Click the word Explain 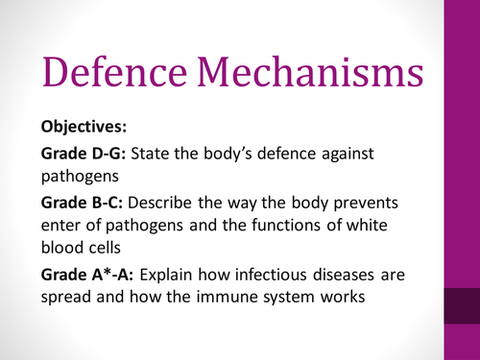[x=189, y=274]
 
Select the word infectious [x=291, y=274]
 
